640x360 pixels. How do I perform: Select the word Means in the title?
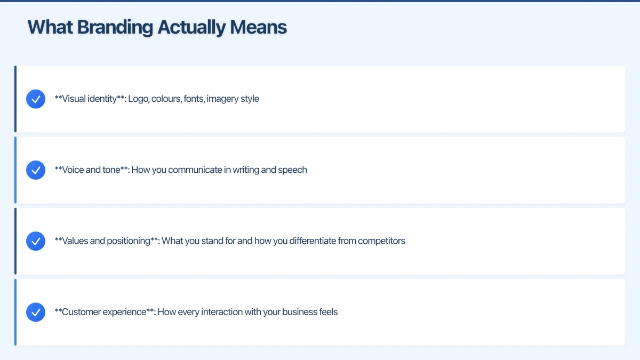259,27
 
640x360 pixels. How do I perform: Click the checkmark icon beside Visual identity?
36,99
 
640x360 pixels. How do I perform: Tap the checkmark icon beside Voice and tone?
36,170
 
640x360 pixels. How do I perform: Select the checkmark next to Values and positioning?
36,241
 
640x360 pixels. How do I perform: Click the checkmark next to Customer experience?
36,312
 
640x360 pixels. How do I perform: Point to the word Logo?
138,99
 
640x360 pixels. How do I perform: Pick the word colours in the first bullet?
166,99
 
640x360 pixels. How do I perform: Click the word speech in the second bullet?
292,170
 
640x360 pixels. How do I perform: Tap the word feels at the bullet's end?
326,312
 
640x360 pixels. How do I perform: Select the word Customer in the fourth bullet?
81,312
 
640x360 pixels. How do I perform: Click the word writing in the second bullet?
247,170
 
